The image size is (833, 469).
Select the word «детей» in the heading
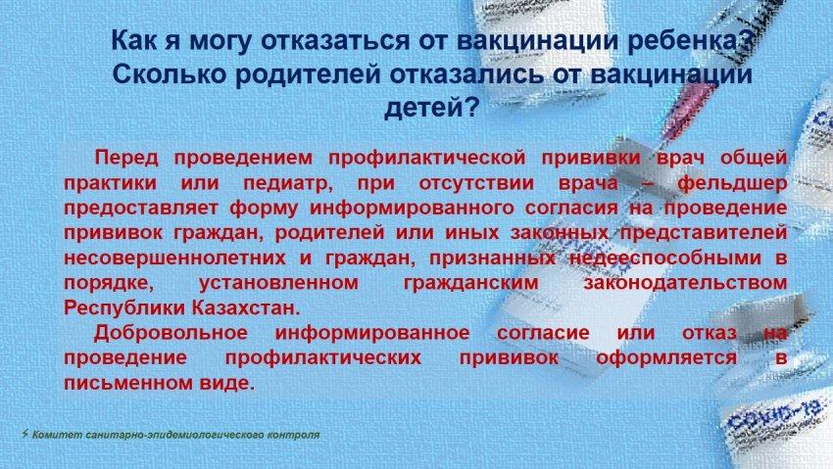point(423,107)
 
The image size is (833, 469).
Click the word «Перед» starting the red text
point(126,158)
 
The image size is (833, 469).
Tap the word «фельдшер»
point(731,183)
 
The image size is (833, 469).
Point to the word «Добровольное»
point(171,333)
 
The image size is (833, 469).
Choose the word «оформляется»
point(666,358)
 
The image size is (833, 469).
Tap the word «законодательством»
point(685,283)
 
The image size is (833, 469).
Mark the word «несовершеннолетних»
point(174,258)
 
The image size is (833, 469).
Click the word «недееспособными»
point(666,258)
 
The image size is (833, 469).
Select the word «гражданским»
point(470,283)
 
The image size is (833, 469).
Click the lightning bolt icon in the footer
point(24,434)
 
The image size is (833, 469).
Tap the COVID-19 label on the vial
point(776,415)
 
